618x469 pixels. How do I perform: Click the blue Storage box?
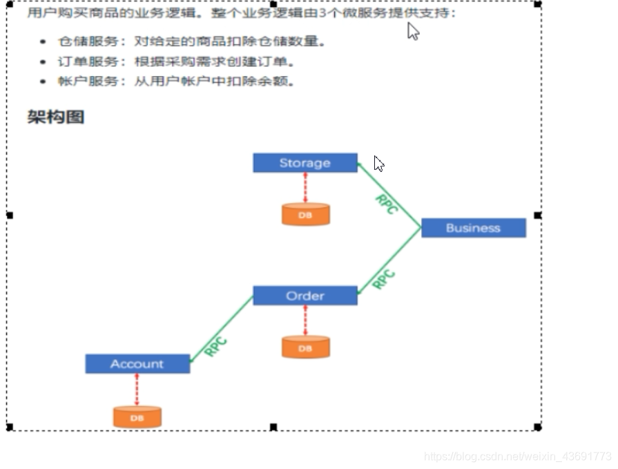(x=305, y=163)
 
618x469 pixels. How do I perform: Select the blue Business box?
(x=473, y=228)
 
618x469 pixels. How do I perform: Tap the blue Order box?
(x=305, y=296)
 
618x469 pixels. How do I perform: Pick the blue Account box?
(x=137, y=364)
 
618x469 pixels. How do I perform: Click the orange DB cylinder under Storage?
(x=305, y=214)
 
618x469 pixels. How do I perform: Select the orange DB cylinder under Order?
(x=305, y=347)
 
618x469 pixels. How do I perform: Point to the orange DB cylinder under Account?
(x=137, y=417)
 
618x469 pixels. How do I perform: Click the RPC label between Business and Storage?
(x=386, y=204)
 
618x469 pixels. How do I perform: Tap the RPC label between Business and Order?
(x=384, y=279)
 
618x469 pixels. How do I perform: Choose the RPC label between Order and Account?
(x=215, y=345)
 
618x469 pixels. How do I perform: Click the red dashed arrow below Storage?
(x=305, y=187)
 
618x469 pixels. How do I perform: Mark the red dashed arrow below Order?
(x=305, y=320)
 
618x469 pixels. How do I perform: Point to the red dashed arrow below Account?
(x=137, y=390)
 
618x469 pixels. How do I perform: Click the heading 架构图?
(x=56, y=117)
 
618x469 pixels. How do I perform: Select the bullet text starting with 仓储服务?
(x=191, y=41)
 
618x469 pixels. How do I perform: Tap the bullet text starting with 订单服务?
(x=177, y=61)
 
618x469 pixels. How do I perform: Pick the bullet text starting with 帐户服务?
(x=177, y=82)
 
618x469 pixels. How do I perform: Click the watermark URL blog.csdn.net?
(x=517, y=457)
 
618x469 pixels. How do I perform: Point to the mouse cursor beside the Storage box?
(x=378, y=163)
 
